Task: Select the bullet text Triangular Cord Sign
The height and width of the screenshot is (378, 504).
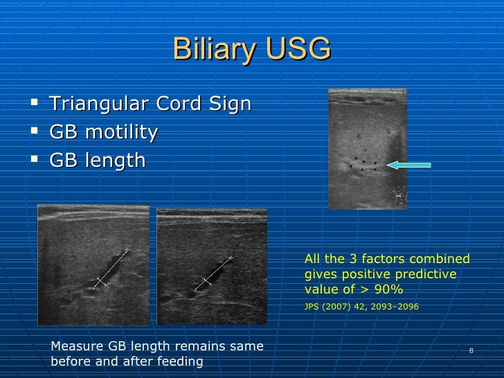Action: click(x=150, y=105)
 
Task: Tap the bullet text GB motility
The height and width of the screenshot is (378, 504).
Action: click(x=104, y=132)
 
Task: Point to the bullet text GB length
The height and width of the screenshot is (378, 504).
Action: click(x=98, y=161)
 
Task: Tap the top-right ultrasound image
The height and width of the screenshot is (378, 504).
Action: click(x=367, y=149)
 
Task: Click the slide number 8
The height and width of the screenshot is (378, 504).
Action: click(x=471, y=350)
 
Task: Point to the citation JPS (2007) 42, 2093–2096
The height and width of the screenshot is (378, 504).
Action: click(x=361, y=304)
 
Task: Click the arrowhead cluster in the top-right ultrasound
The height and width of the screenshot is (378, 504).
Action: click(x=363, y=164)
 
